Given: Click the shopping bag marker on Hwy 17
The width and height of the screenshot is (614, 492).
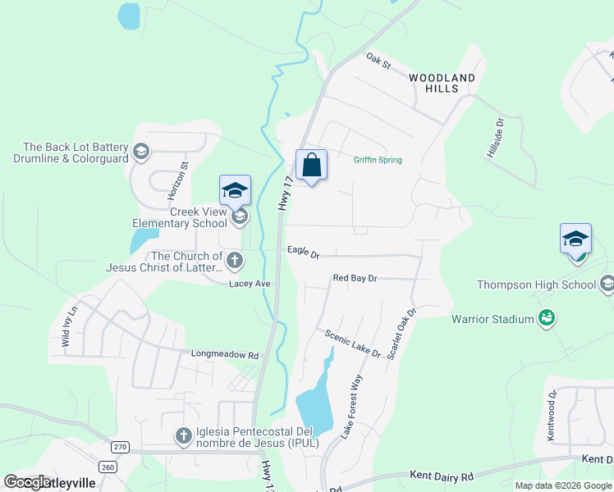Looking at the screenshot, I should (312, 166).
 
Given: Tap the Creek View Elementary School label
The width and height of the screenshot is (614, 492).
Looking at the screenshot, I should (180, 217).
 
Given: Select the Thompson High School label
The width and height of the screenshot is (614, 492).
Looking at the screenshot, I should (536, 285).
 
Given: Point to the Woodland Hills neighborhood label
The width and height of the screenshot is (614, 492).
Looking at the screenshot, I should (442, 83).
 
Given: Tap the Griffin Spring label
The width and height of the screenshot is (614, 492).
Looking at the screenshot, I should (378, 160).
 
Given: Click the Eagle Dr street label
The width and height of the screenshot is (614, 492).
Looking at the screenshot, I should (303, 252).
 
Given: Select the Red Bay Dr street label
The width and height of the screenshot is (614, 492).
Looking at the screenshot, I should (355, 279).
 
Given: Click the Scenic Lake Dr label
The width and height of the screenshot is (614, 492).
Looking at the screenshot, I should (353, 344).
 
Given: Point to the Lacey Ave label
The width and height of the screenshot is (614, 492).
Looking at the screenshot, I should (250, 284).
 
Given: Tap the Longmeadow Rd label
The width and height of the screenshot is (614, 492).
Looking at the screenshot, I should (224, 356).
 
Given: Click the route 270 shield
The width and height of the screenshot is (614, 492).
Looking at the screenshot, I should (121, 447).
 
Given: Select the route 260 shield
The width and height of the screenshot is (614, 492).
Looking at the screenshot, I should (108, 466).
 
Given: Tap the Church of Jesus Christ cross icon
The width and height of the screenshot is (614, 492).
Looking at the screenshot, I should (235, 262).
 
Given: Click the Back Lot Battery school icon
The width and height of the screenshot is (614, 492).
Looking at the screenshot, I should (141, 152).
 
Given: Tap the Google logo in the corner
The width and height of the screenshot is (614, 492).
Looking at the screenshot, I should (28, 481).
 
